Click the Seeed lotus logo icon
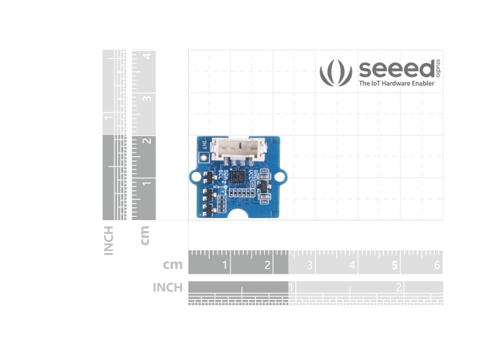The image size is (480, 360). (x=336, y=73)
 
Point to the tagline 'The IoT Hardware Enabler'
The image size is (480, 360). (x=396, y=84)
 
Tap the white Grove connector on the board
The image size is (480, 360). (x=236, y=149)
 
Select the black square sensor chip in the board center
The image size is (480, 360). (x=237, y=178)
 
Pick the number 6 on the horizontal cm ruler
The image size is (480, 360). (x=437, y=265)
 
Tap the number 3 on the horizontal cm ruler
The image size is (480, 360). (x=310, y=265)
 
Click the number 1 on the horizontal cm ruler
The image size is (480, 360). (x=225, y=265)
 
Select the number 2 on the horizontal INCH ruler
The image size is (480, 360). (x=398, y=287)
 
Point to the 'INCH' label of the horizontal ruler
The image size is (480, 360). (x=167, y=287)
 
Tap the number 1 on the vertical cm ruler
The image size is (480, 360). (x=146, y=183)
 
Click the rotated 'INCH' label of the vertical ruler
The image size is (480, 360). (x=108, y=241)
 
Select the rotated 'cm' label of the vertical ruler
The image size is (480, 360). (x=145, y=235)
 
